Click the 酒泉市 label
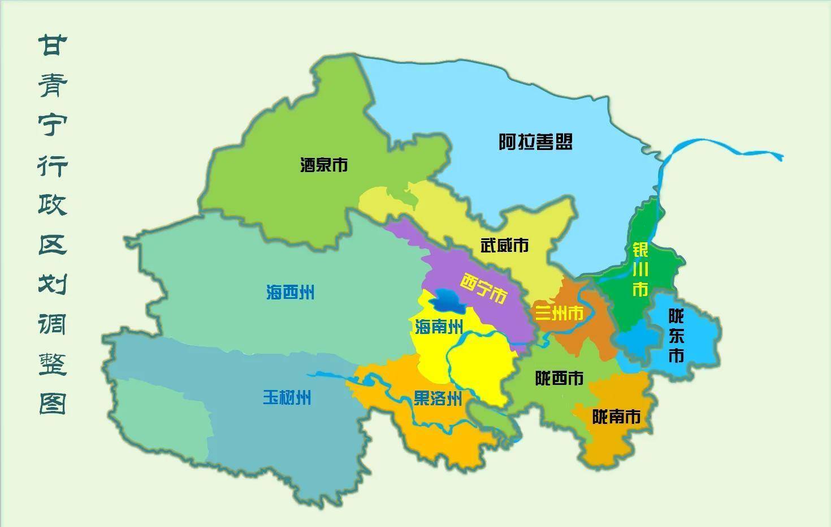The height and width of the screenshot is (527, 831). [x=323, y=165]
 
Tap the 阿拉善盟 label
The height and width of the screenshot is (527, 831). [x=535, y=142]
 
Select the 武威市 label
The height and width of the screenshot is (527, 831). [x=504, y=245]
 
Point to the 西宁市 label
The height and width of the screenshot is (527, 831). [x=483, y=288]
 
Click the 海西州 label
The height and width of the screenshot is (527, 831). [x=290, y=293]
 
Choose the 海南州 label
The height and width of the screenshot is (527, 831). [x=439, y=327]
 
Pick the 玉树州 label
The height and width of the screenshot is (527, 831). [x=287, y=397]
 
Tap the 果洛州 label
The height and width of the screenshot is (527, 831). [x=438, y=399]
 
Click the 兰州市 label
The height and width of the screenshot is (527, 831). [x=559, y=313]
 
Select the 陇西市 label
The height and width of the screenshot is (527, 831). [x=559, y=378]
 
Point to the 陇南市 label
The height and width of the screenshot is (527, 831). [x=616, y=417]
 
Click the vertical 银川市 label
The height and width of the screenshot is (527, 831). [x=640, y=269]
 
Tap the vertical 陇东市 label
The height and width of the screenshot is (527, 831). [x=676, y=336]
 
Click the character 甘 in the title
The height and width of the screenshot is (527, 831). [x=53, y=45]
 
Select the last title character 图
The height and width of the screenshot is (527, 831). [x=53, y=403]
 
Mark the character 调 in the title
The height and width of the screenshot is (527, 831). [x=53, y=324]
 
